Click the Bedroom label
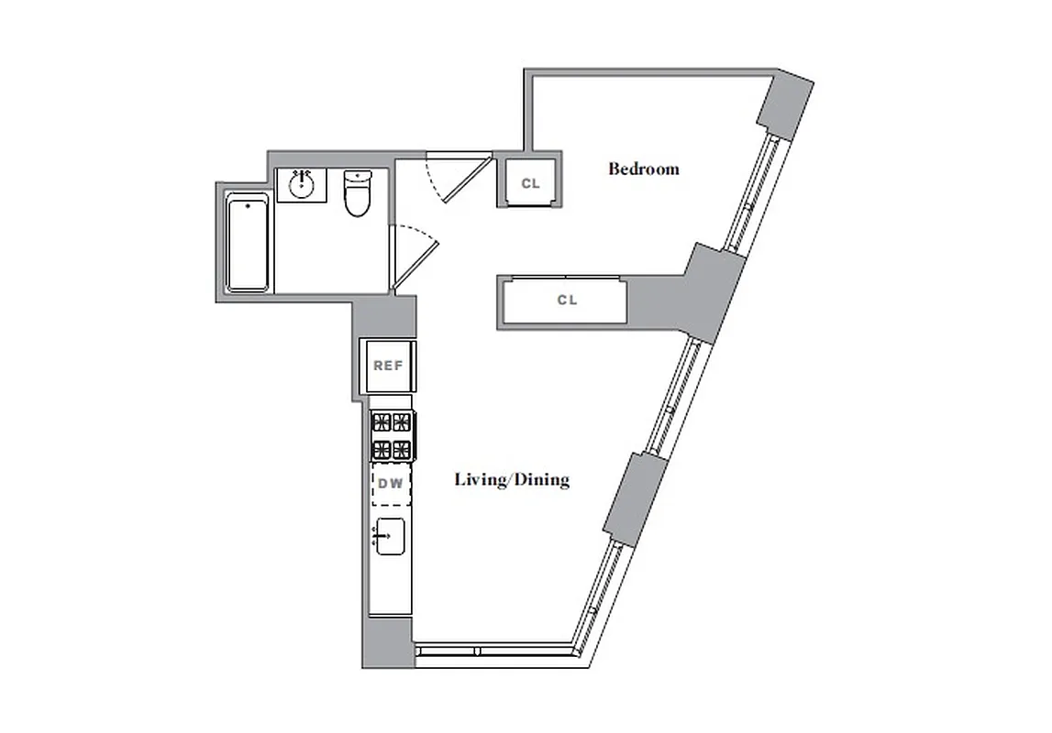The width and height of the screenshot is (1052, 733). tap(644, 169)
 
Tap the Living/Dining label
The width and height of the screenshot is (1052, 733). tap(512, 479)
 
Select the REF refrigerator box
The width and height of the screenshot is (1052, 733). tap(388, 366)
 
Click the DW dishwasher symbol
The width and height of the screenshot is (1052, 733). tap(391, 485)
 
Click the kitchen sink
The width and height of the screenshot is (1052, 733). tap(390, 535)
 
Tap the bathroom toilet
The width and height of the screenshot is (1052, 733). tap(357, 193)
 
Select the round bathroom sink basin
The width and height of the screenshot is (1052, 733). tap(302, 185)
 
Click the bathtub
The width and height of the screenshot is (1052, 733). tap(248, 243)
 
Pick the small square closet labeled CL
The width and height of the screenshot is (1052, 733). tap(530, 183)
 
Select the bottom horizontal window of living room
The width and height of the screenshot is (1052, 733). tap(495, 651)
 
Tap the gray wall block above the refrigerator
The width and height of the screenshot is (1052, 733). tap(385, 316)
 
